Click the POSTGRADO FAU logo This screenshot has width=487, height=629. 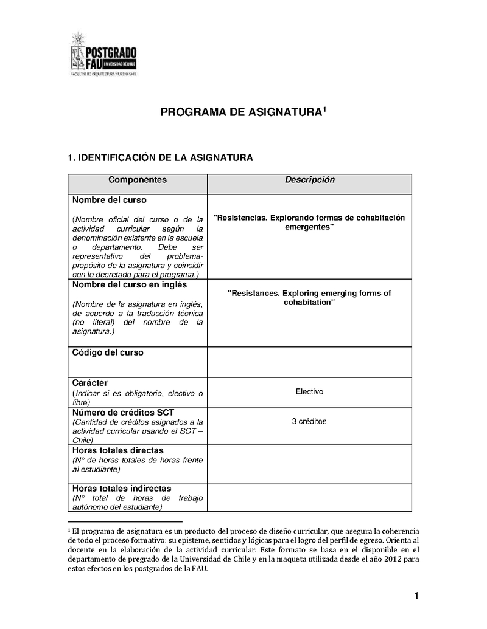click(x=104, y=55)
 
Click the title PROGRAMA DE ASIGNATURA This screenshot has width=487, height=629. click(x=240, y=112)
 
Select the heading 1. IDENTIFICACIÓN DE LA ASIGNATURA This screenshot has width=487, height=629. click(x=159, y=158)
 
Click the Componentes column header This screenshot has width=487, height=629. click(x=137, y=180)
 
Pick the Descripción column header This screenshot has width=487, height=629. click(x=310, y=180)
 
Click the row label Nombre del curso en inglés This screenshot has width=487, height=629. click(x=130, y=284)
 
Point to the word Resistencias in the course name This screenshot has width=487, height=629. click(x=240, y=218)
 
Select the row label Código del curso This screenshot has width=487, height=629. click(x=108, y=352)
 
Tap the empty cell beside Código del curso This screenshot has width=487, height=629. click(x=309, y=362)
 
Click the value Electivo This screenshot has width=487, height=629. click(x=309, y=391)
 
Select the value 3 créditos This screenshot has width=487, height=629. click(x=309, y=421)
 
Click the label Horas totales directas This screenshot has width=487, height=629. click(x=117, y=451)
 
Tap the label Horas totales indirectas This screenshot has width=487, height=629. click(x=122, y=489)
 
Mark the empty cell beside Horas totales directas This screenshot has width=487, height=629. click(x=309, y=464)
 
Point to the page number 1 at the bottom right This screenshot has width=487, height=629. click(x=416, y=596)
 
